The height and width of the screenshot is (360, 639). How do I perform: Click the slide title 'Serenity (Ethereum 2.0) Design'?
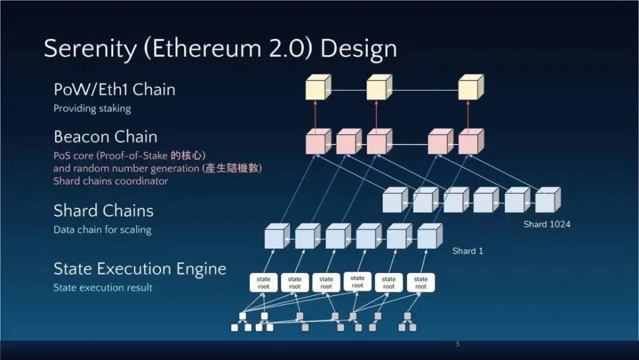(220, 49)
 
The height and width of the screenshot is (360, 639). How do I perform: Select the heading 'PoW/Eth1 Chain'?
(114, 90)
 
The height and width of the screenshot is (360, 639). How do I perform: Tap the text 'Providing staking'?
(92, 109)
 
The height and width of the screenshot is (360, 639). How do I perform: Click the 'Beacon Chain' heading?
(105, 137)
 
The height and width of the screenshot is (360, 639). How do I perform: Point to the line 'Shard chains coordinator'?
(111, 181)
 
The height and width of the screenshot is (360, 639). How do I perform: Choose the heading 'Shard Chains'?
(103, 210)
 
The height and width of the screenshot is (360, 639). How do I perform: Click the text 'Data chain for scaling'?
(102, 230)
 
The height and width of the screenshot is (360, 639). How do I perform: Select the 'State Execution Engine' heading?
(139, 269)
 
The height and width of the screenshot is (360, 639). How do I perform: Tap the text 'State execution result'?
(103, 288)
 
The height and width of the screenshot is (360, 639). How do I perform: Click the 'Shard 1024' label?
(546, 224)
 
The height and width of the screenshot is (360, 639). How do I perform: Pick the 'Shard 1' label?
(468, 251)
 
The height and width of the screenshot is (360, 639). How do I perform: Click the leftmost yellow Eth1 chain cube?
(318, 89)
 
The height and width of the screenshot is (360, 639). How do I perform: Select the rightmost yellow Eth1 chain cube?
(470, 89)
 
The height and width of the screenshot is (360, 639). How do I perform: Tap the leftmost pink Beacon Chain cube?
(318, 142)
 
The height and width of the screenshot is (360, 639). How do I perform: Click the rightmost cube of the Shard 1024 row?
(547, 200)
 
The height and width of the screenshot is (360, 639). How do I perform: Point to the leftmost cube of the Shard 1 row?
(277, 237)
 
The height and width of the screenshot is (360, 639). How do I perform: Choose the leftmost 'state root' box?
(263, 283)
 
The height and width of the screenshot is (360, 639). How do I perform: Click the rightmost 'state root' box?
(420, 283)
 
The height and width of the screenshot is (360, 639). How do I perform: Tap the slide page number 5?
(458, 344)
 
